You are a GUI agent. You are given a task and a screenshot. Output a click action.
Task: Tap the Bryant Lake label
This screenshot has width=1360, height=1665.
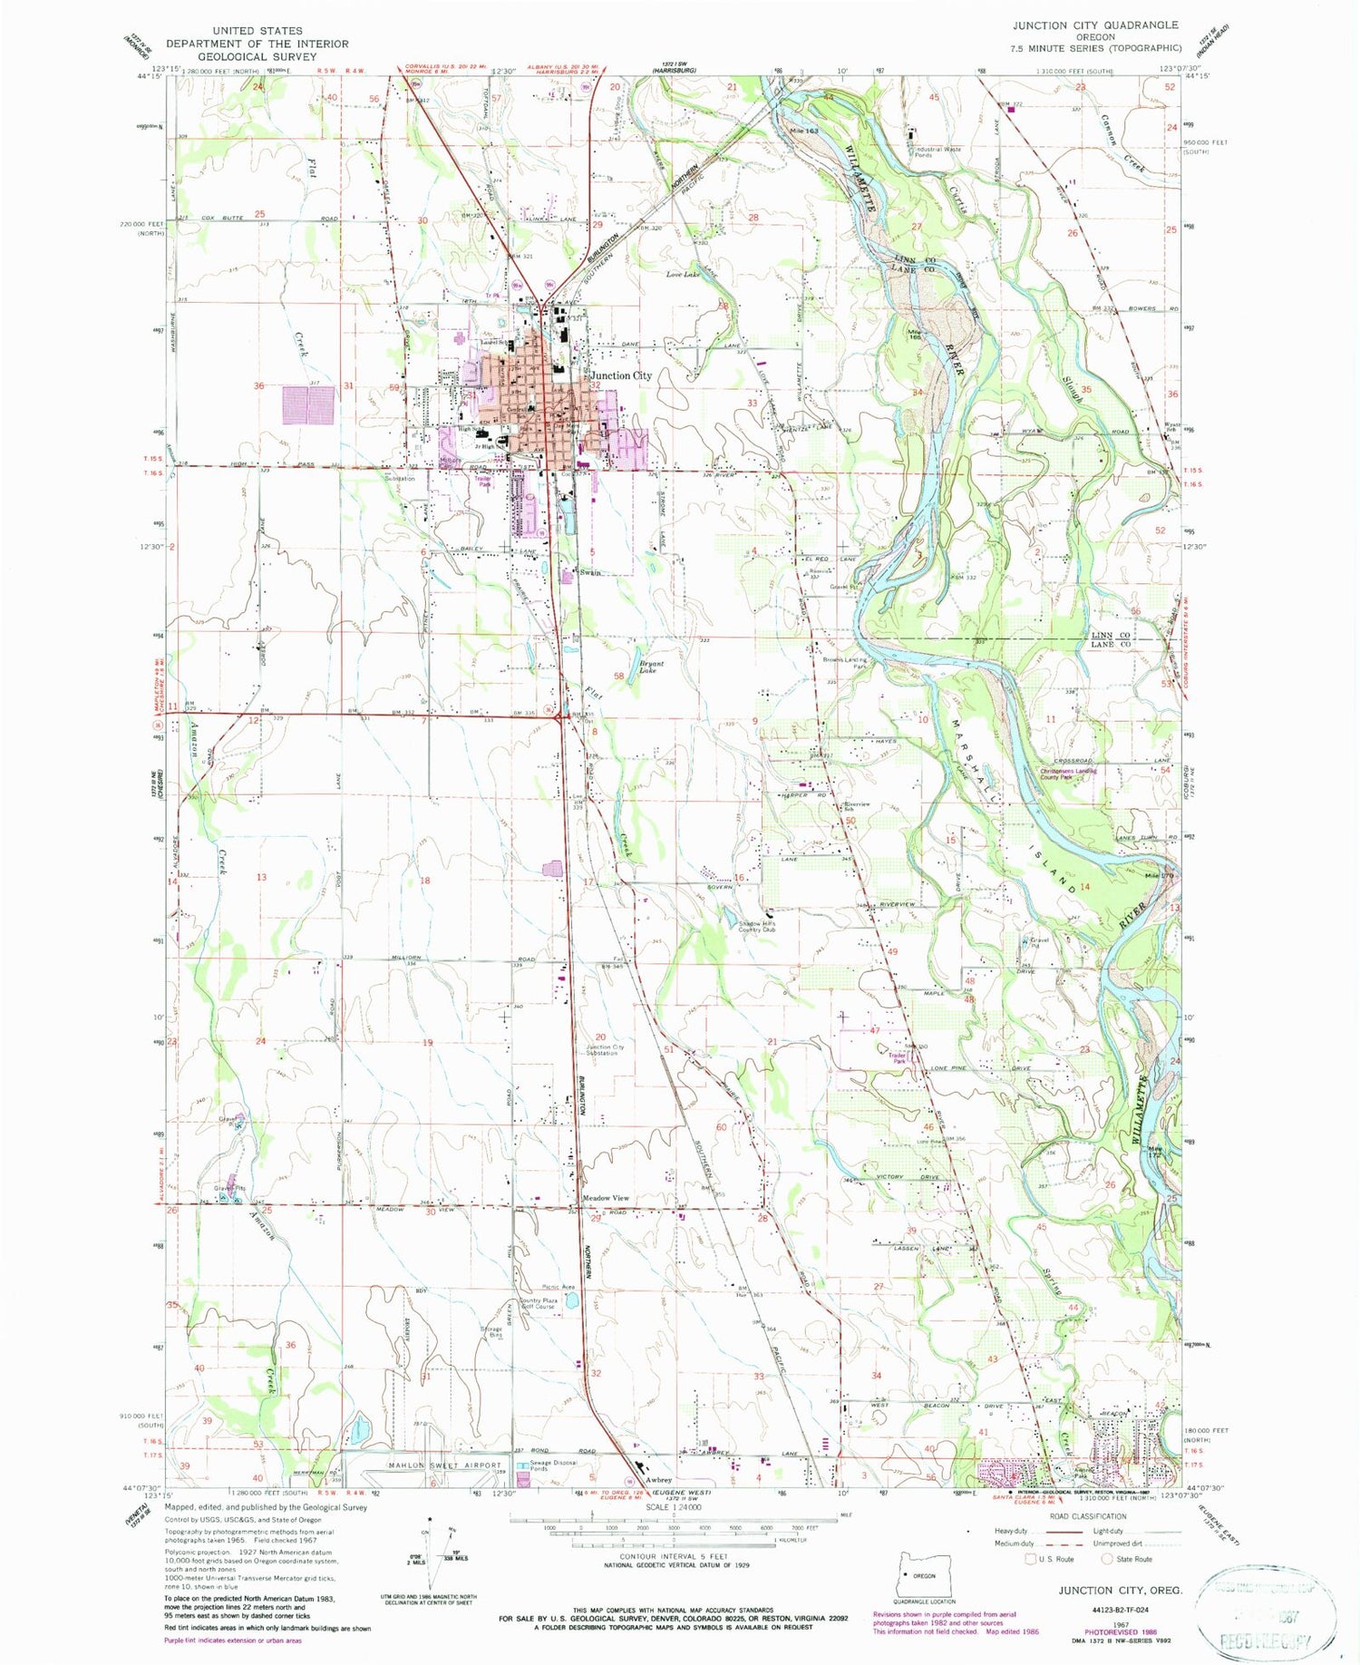pyautogui.click(x=650, y=667)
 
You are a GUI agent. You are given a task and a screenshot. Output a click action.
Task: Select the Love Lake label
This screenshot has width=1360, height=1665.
pyautogui.click(x=682, y=274)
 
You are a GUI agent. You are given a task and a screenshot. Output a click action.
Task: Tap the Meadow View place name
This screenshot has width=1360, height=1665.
pyautogui.click(x=605, y=1198)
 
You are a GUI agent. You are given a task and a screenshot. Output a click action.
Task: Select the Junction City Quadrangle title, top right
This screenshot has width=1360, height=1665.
pyautogui.click(x=1095, y=25)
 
